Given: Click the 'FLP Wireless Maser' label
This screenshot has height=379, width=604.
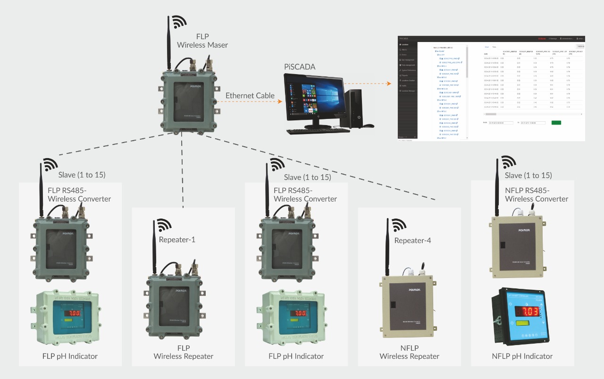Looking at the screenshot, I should pyautogui.click(x=202, y=41).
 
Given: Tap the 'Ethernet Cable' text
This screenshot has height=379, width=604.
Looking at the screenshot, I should pyautogui.click(x=250, y=96).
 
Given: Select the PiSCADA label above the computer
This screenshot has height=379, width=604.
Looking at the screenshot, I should pyautogui.click(x=300, y=67).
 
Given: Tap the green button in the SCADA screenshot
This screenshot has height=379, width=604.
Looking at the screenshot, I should pyautogui.click(x=556, y=123).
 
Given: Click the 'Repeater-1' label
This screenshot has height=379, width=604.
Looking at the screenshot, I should pyautogui.click(x=177, y=240).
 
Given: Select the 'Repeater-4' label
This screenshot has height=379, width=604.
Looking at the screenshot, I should pyautogui.click(x=412, y=241).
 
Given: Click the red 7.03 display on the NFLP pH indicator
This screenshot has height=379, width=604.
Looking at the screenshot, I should pyautogui.click(x=529, y=312).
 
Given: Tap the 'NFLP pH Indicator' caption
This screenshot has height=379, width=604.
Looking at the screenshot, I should pyautogui.click(x=522, y=356).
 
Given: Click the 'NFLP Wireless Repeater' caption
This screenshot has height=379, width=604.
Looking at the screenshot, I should pyautogui.click(x=409, y=353).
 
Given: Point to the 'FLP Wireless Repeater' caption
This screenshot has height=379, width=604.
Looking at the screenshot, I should pyautogui.click(x=183, y=353).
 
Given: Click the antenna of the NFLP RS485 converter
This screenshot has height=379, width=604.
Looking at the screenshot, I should pyautogui.click(x=497, y=189).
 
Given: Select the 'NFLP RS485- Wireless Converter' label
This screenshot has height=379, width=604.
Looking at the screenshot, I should pyautogui.click(x=536, y=194).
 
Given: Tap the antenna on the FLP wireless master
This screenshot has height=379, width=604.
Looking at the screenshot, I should pyautogui.click(x=168, y=42).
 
